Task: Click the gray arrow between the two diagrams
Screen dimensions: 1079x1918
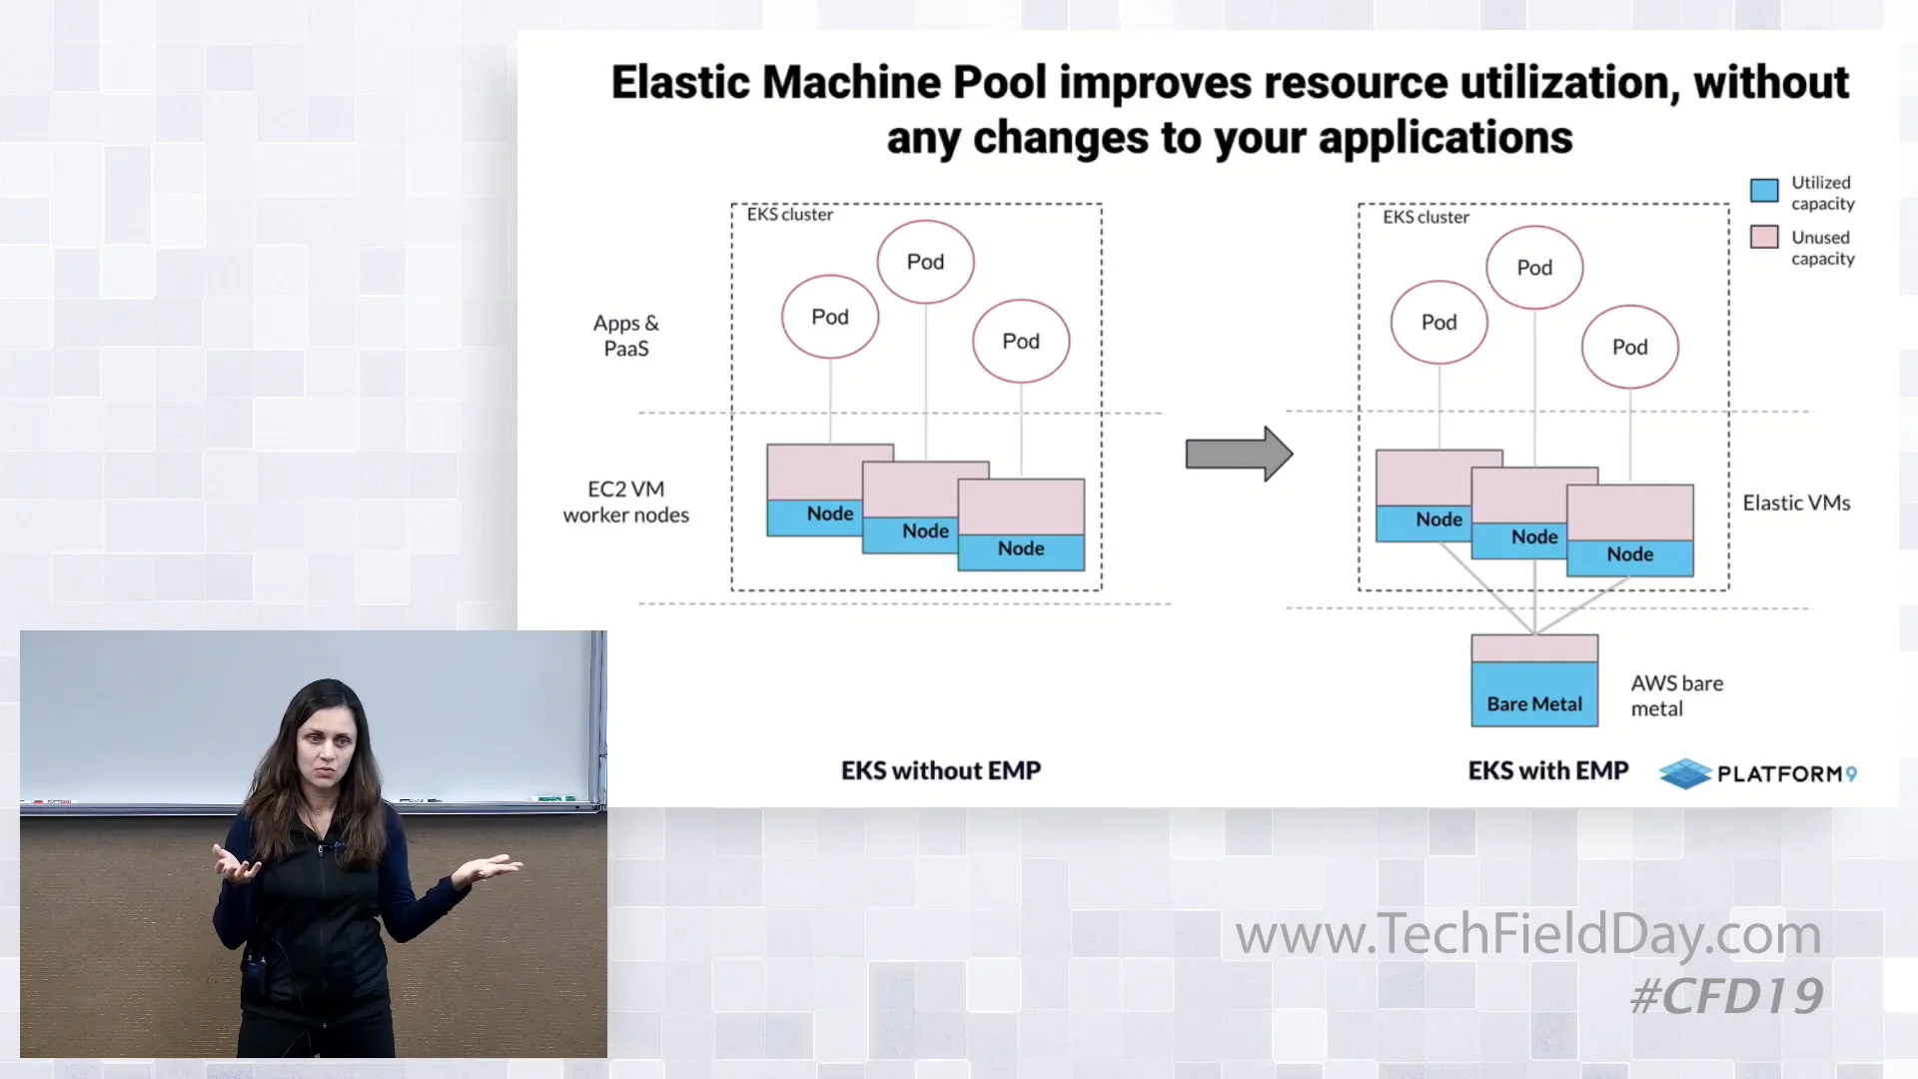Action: click(x=1238, y=455)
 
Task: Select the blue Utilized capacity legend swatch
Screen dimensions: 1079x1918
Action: click(x=1764, y=191)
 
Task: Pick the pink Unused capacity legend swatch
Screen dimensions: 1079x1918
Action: click(x=1764, y=237)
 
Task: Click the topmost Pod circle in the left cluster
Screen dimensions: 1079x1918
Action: click(x=925, y=262)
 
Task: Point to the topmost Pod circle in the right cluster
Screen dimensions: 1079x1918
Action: click(x=1534, y=268)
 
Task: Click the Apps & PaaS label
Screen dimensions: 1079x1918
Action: click(x=626, y=336)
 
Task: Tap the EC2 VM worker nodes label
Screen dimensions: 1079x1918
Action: click(x=626, y=502)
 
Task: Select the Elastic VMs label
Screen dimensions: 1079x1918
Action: click(x=1796, y=504)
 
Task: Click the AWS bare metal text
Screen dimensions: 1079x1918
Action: click(x=1676, y=695)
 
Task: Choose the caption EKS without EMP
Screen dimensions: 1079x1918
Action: click(x=941, y=770)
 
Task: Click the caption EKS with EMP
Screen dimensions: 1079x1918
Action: click(x=1547, y=770)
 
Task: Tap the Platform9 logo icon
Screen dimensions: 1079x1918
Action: click(x=1685, y=773)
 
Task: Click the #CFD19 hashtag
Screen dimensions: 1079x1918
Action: click(x=1726, y=996)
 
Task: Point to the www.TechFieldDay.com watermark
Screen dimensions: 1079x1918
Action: click(x=1527, y=934)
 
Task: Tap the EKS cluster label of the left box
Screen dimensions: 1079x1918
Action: click(x=789, y=215)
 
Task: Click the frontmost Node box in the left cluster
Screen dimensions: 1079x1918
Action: click(x=1021, y=526)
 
